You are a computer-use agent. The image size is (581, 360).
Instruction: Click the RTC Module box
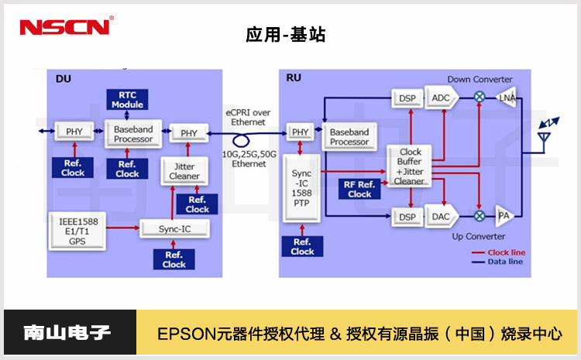(127, 100)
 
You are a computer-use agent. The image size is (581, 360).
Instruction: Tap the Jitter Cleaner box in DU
(184, 171)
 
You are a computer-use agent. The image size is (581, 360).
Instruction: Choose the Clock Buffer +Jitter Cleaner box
(409, 166)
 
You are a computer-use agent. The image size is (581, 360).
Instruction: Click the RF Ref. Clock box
(359, 189)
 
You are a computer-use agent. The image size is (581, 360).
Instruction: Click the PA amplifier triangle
(504, 216)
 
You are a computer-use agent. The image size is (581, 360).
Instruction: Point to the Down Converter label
(480, 80)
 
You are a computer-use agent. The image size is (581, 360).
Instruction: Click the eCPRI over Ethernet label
(249, 118)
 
